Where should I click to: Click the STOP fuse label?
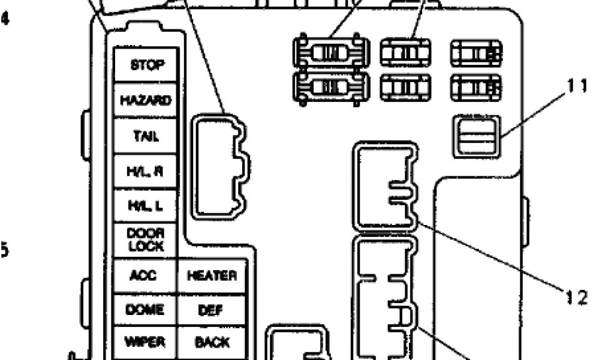(x=146, y=65)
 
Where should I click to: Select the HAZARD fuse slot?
(x=146, y=100)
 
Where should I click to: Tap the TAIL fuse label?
(x=146, y=136)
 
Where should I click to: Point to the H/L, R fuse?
(x=146, y=171)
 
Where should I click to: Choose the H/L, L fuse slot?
(x=146, y=206)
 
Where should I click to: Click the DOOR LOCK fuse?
(x=146, y=240)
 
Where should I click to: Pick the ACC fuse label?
(x=144, y=276)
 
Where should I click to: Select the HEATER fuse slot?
(x=212, y=276)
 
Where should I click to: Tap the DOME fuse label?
(x=144, y=310)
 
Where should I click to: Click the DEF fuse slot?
(x=212, y=310)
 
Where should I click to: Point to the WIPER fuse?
(x=144, y=342)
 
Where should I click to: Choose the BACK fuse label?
(x=212, y=342)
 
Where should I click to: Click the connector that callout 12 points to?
(x=384, y=186)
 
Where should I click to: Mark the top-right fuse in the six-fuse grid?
(x=476, y=53)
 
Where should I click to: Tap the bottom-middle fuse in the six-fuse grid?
(x=405, y=88)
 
